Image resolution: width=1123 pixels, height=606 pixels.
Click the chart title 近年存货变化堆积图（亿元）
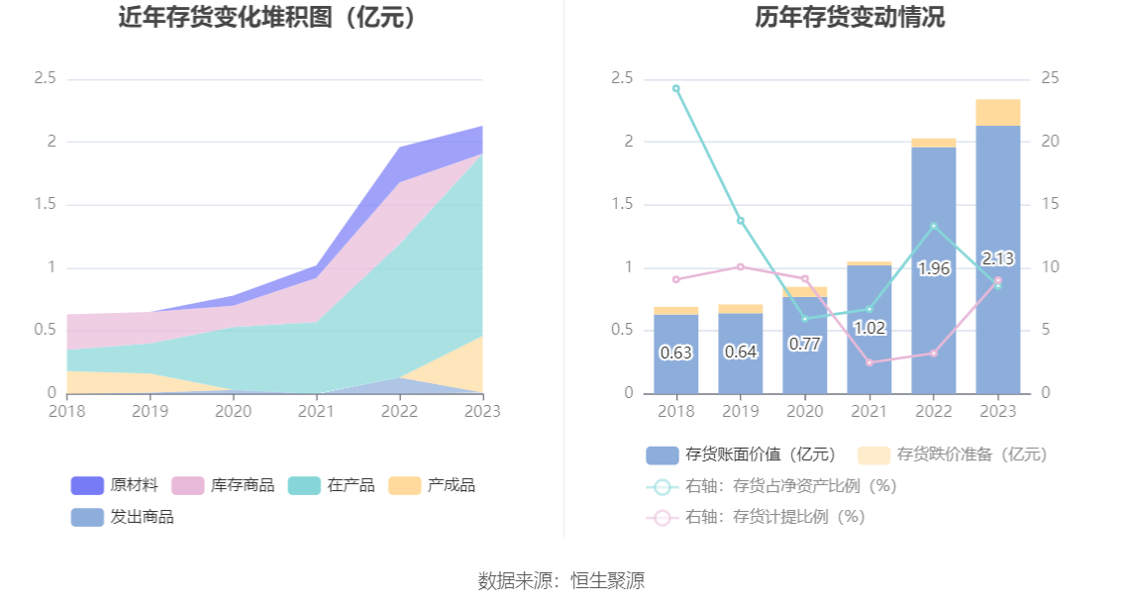pos(266,17)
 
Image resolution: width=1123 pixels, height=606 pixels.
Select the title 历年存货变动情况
pos(850,17)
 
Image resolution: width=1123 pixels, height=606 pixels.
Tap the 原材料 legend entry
pos(114,485)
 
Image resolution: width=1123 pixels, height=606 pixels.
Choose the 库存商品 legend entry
pos(223,485)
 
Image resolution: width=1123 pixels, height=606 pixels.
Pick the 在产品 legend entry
pos(331,485)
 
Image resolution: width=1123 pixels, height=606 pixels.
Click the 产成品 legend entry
pos(432,485)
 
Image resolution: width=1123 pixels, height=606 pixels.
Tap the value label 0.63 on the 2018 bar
pos(675,353)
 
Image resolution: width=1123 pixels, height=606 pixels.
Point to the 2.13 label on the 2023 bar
pos(997,258)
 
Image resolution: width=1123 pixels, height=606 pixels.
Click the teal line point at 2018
pos(676,88)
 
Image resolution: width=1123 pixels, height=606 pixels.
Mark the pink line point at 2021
pos(869,362)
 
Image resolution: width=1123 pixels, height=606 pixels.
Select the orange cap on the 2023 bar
pos(997,112)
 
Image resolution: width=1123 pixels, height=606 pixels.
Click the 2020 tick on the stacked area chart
pos(234,410)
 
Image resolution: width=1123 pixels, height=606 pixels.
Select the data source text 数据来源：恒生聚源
pos(561,580)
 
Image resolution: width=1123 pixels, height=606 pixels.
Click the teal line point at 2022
pos(933,226)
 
